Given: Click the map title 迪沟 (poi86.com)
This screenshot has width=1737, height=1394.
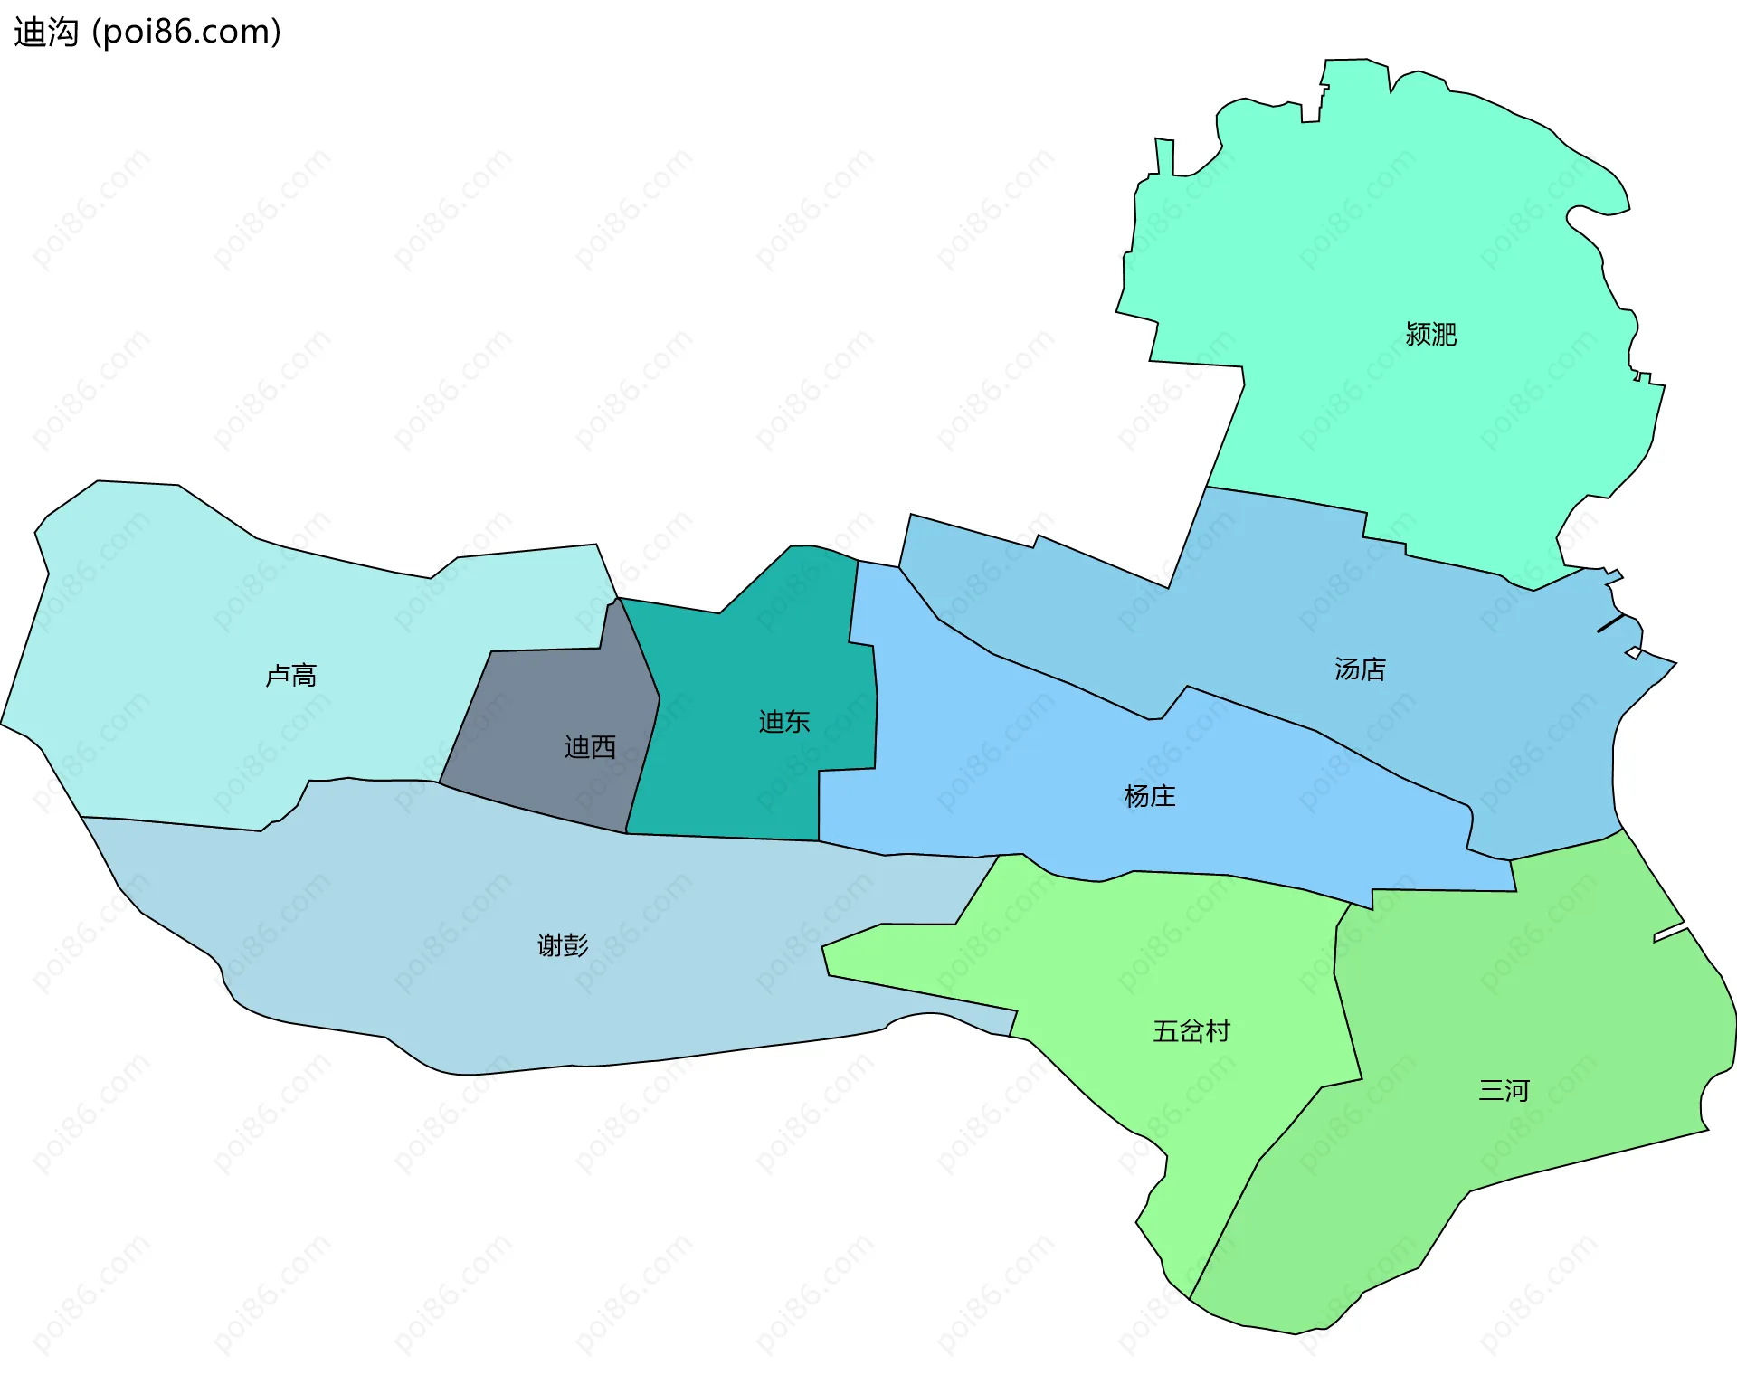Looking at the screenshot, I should pos(147,33).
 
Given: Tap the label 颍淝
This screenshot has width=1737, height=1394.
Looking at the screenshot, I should pos(1430,335).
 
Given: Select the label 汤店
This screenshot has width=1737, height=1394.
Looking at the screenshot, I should pos(1360,669).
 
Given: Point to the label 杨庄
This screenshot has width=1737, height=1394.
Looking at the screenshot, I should pos(1149,796).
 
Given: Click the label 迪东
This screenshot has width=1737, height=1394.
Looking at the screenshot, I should pos(784,722).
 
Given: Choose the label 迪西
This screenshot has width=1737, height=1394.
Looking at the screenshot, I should pos(590,747).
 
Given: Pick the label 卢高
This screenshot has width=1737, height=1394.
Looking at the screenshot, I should pos(290,676).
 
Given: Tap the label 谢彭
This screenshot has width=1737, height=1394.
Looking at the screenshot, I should pos(563,946).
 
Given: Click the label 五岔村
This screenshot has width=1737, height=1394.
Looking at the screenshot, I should pos(1191,1031).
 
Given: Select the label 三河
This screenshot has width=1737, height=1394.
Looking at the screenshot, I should pos(1503,1091).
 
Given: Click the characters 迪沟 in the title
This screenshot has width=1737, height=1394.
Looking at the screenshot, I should pos(46,33).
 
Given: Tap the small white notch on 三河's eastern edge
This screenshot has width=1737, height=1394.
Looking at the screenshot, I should pos(1670,932).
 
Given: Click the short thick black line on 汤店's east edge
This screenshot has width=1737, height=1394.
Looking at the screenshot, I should pos(1610,623).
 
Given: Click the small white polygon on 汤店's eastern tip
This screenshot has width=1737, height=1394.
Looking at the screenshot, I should pos(1634,653).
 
